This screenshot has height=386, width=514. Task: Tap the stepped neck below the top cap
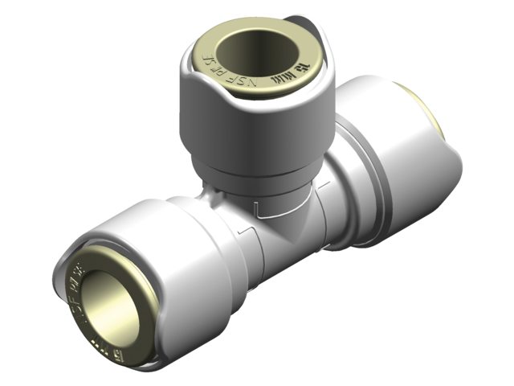(x=255, y=178)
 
